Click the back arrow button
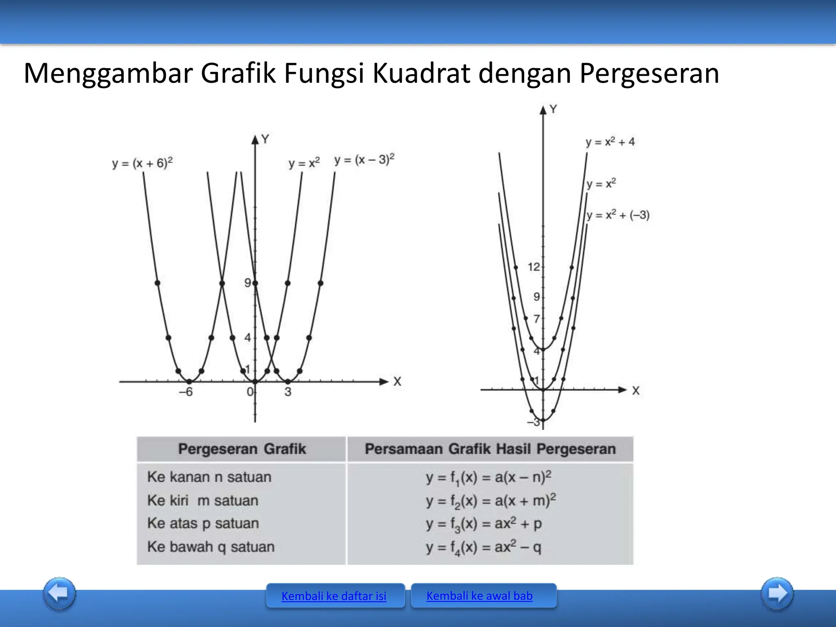click(60, 593)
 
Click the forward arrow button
click(777, 593)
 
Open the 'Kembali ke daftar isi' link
click(334, 596)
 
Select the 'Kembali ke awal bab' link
click(479, 596)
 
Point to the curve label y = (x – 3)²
click(365, 159)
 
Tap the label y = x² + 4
click(610, 142)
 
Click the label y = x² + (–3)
click(618, 215)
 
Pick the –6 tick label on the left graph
click(186, 392)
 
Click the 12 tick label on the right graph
click(534, 267)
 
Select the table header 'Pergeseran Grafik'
click(242, 449)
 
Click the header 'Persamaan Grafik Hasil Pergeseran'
click(490, 449)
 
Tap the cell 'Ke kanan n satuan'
click(209, 477)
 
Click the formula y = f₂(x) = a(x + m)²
click(491, 500)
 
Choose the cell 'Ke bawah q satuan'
click(211, 547)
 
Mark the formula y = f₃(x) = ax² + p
click(484, 524)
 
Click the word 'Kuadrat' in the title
click(421, 73)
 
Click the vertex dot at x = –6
click(189, 381)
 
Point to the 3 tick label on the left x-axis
click(288, 392)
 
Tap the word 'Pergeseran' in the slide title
click(649, 73)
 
